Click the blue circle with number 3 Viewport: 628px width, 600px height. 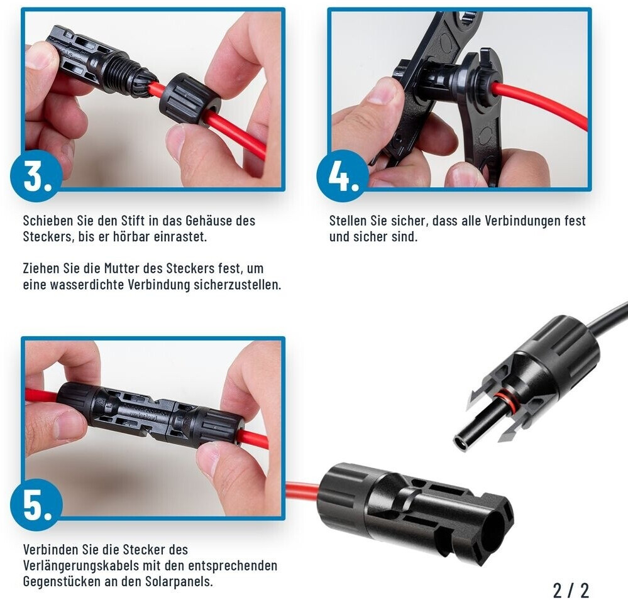tap(36, 176)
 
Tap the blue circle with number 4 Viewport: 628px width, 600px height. tap(343, 176)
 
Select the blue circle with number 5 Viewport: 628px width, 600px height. tap(36, 505)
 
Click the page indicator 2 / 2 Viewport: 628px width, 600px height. tap(571, 590)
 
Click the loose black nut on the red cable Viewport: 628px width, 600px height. tap(190, 99)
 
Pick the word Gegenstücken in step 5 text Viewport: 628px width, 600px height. tap(62, 582)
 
